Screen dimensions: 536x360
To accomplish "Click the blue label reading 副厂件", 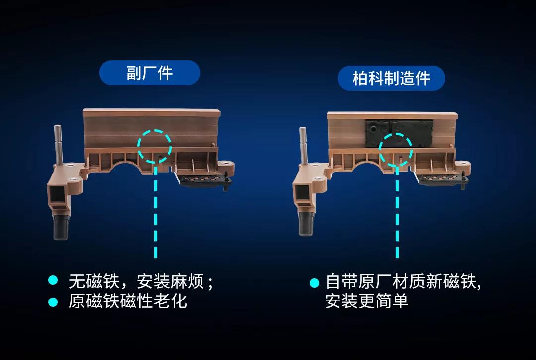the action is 149,73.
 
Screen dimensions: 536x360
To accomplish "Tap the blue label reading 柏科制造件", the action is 392,78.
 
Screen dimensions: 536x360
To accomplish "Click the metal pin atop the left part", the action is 58,145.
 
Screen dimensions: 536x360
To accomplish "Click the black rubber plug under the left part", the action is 61,227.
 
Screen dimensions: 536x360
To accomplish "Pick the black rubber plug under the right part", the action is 306,223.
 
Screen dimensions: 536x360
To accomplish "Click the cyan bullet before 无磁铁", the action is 53,280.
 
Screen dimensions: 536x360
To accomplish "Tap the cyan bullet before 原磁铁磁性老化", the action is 53,302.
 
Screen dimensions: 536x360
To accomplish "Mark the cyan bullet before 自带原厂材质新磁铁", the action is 314,283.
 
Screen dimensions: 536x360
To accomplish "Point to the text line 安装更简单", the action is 366,301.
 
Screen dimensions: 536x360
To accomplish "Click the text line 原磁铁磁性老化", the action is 128,301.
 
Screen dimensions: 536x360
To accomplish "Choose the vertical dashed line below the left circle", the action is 156,211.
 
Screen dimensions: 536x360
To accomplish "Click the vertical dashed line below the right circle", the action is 397,212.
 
